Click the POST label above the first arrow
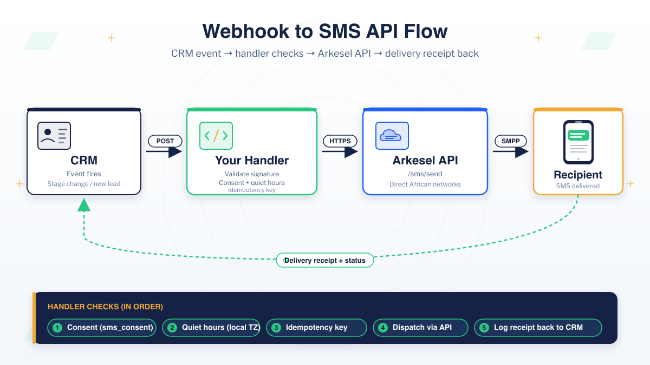click(x=165, y=141)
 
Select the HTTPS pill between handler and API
click(x=340, y=141)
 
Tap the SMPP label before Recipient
click(x=510, y=141)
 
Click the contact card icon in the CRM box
click(x=54, y=136)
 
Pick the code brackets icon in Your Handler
click(x=216, y=136)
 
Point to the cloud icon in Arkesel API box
click(x=392, y=136)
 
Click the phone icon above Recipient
click(x=578, y=142)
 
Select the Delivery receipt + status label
click(x=325, y=260)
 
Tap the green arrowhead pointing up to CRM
click(x=84, y=205)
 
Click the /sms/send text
click(x=425, y=174)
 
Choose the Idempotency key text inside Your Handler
click(x=251, y=190)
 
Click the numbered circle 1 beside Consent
click(x=57, y=328)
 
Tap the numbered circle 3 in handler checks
click(x=276, y=328)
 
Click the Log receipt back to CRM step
click(x=538, y=328)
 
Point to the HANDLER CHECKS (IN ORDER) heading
click(x=105, y=307)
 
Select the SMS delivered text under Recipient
click(x=578, y=186)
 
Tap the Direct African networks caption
click(x=425, y=184)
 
